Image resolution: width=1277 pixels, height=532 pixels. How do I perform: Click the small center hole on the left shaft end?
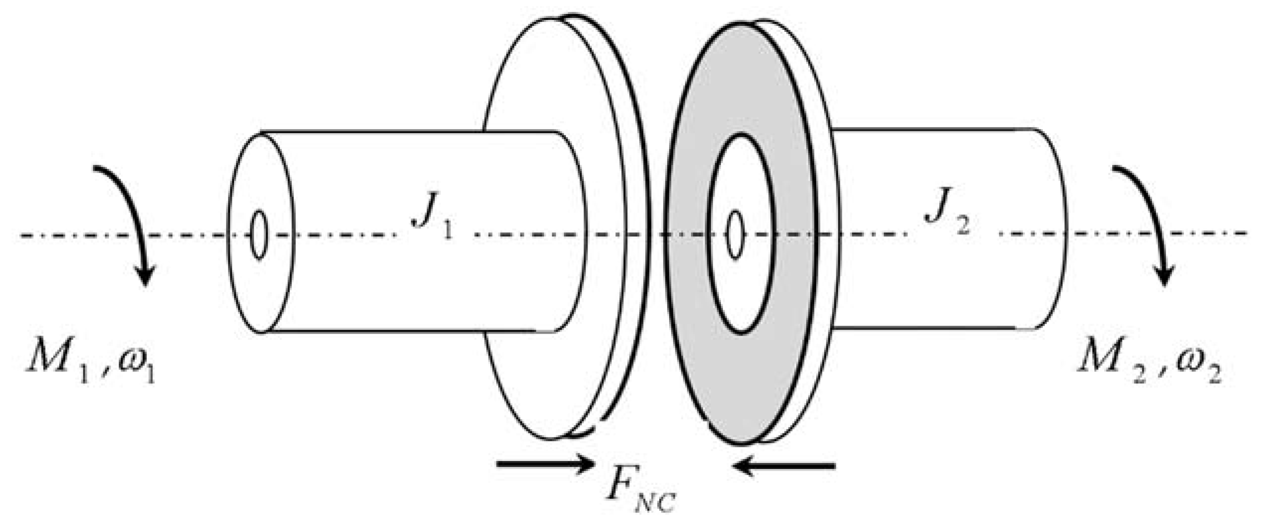tap(258, 235)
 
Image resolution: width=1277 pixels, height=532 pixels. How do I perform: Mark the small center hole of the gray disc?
tap(735, 235)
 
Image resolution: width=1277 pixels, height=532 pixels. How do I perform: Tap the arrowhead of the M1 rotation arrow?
tap(145, 276)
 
